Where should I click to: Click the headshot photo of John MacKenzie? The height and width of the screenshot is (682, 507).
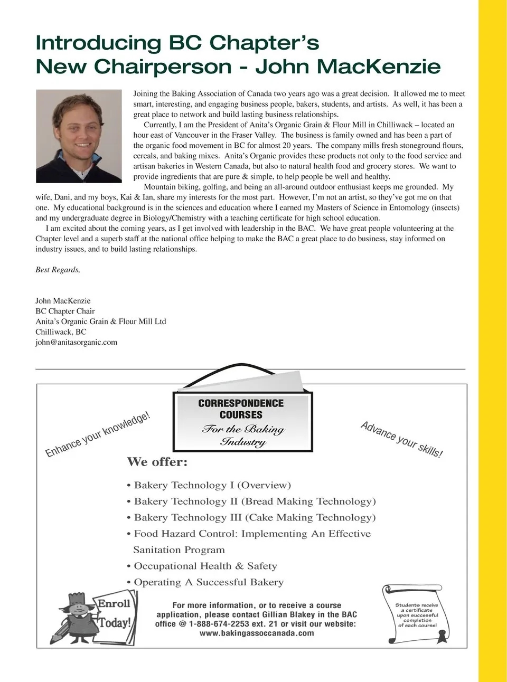coord(79,136)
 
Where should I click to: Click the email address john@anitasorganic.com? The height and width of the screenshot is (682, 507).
coord(76,342)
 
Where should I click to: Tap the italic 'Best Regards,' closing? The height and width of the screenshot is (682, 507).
coord(58,270)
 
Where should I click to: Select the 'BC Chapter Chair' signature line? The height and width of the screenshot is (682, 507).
coord(65,311)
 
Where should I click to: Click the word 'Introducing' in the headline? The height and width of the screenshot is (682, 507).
coord(98,43)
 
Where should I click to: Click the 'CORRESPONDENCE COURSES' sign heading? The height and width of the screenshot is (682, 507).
coord(241,409)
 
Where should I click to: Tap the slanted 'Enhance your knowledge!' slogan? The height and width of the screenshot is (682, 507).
coord(98,434)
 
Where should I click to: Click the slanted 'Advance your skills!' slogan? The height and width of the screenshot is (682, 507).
coord(401,439)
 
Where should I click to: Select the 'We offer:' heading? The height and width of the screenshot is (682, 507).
coord(157,462)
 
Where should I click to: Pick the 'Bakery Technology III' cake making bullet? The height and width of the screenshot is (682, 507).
coord(253,518)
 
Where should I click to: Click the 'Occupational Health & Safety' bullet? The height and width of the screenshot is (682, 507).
coord(205,566)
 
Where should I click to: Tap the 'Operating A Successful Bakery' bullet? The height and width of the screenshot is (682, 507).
coord(208,582)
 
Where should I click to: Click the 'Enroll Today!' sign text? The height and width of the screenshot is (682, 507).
coord(114,613)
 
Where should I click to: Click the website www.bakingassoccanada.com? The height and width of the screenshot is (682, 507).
coord(256,633)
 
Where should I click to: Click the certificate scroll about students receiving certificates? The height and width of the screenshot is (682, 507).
coord(417,615)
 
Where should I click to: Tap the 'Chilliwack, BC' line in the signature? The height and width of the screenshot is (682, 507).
coord(61,332)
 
